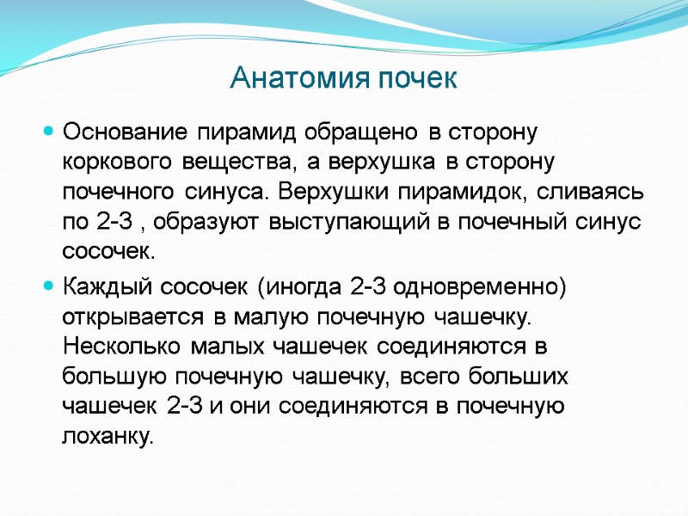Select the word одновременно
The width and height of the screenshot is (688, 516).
click(482, 286)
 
